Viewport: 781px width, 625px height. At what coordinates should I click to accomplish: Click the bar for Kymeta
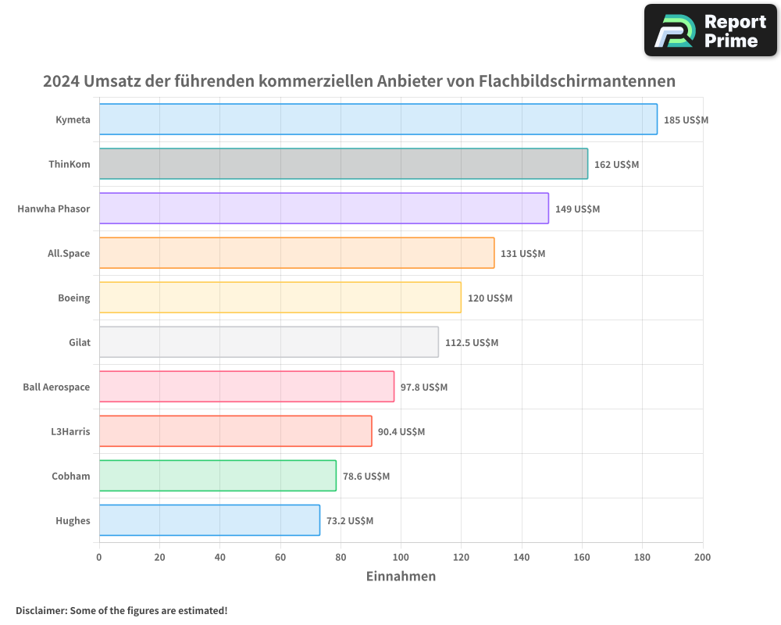coord(378,120)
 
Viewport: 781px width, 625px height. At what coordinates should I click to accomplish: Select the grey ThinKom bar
coord(343,164)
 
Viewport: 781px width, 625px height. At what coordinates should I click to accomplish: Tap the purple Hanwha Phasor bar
coord(323,209)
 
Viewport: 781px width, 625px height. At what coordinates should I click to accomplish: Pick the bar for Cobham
coord(217,476)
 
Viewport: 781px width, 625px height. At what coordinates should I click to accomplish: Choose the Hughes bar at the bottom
coord(209,520)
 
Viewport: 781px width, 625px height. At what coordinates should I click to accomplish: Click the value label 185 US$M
coord(686,120)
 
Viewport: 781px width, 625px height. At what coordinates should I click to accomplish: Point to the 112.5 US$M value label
coord(471,343)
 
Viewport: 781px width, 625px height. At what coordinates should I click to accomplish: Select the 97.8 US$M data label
coord(424,387)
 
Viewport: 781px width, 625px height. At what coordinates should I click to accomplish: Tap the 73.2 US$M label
coord(350,521)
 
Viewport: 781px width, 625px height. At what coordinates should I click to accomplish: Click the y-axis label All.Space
coord(69,253)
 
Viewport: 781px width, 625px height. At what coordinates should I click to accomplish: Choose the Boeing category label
coord(73,298)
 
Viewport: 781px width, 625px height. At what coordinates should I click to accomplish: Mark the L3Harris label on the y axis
coord(70,431)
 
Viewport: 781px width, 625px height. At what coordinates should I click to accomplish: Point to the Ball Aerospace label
coord(56,387)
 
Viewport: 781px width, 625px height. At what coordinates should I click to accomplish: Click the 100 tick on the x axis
coord(401,557)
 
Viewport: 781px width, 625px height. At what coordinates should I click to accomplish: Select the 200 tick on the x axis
coord(702,557)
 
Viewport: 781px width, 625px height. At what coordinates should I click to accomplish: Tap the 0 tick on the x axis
coord(99,557)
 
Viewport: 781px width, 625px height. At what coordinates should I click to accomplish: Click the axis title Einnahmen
coord(401,577)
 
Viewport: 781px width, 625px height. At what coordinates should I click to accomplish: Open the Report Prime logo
coord(710,30)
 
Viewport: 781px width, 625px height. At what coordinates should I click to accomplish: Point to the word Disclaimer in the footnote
coord(41,610)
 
